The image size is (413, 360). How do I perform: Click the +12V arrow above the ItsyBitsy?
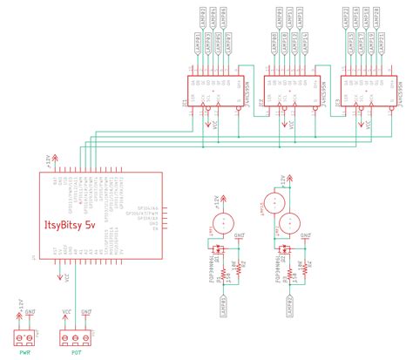[57, 160]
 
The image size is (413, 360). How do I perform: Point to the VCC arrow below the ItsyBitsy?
[66, 279]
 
